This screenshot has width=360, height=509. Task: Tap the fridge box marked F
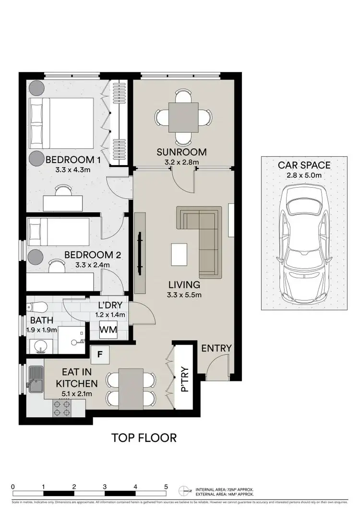coord(100,355)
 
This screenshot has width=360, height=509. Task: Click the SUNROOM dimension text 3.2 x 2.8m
coord(181,162)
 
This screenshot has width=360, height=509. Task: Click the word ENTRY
coord(216,348)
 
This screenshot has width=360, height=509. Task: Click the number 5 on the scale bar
coord(166,486)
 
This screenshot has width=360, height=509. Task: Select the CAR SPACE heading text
coord(304,166)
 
